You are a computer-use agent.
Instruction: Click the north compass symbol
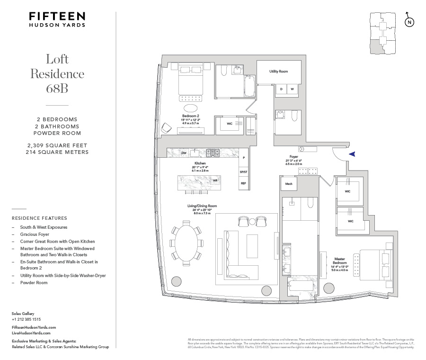(409, 22)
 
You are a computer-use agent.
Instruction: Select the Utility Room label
(279, 72)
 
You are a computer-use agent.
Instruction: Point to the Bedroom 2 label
(190, 116)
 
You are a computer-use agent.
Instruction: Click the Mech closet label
(288, 183)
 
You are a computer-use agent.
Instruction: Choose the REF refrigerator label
(244, 183)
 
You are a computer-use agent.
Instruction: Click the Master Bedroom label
(339, 261)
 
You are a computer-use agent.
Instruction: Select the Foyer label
(293, 156)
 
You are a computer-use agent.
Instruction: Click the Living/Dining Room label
(202, 206)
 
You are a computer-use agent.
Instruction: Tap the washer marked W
(293, 89)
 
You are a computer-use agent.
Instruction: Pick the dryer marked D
(281, 89)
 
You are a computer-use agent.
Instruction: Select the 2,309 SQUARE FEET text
(57, 145)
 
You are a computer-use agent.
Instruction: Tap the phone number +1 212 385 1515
(26, 319)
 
